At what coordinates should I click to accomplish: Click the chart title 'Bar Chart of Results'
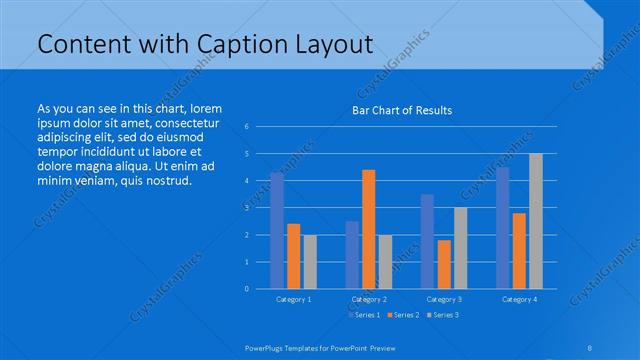pyautogui.click(x=402, y=110)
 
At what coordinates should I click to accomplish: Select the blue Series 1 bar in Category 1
pyautogui.click(x=277, y=230)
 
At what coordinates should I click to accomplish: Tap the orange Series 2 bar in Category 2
pyautogui.click(x=368, y=229)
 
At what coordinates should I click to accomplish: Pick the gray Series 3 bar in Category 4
pyautogui.click(x=536, y=221)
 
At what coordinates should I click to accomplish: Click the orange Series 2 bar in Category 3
pyautogui.click(x=444, y=264)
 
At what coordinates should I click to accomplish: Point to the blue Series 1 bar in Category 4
pyautogui.click(x=502, y=228)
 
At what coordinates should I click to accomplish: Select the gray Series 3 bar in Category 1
pyautogui.click(x=310, y=261)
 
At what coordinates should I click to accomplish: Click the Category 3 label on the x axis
pyautogui.click(x=444, y=299)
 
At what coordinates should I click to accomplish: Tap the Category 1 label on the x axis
pyautogui.click(x=293, y=299)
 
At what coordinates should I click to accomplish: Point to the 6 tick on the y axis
pyautogui.click(x=247, y=127)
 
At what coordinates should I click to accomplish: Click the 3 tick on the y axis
pyautogui.click(x=247, y=208)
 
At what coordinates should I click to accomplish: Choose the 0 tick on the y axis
pyautogui.click(x=247, y=289)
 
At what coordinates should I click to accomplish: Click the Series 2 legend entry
pyautogui.click(x=404, y=315)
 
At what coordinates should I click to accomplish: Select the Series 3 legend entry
pyautogui.click(x=444, y=315)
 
